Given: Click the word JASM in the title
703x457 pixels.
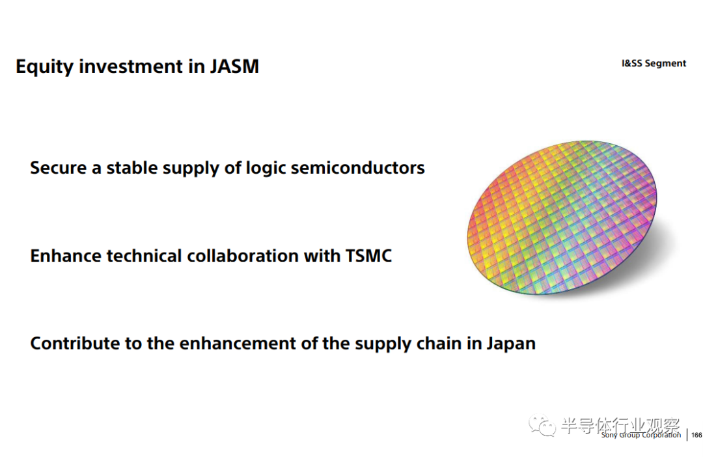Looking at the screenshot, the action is click(234, 66).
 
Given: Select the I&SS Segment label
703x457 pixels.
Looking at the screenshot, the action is click(654, 63).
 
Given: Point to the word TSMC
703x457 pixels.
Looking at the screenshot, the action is click(368, 256).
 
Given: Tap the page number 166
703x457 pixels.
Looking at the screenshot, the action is click(696, 435).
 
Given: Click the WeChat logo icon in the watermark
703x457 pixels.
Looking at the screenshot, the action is click(542, 424).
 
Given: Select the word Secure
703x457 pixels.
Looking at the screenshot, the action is click(59, 168).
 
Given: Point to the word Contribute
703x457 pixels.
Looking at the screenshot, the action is click(75, 344).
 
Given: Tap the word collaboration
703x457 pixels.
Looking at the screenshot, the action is click(243, 256).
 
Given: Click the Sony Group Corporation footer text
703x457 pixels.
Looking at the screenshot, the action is click(641, 435).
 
